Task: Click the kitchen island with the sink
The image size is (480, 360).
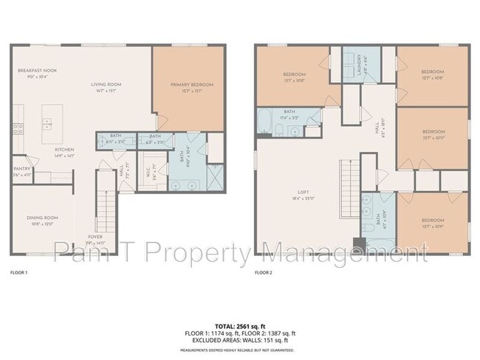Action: click(x=52, y=123)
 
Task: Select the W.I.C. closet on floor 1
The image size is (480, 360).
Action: click(x=151, y=167)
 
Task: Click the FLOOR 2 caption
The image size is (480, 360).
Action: click(x=263, y=273)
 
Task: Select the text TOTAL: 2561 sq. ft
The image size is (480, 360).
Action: click(x=239, y=325)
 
